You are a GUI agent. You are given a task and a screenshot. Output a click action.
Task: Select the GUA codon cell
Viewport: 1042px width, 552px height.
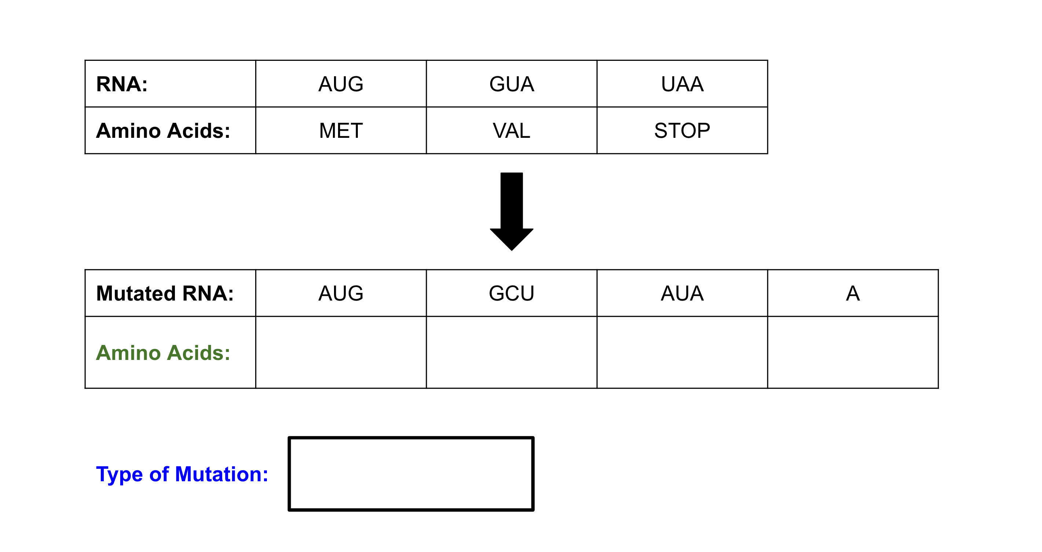(x=512, y=84)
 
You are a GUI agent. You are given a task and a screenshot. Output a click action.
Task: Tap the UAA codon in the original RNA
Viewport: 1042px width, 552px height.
(x=682, y=84)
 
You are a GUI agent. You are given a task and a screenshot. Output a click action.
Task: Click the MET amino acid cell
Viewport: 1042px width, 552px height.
(x=341, y=130)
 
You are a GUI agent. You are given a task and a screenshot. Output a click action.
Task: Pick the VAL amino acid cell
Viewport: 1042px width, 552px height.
(x=512, y=130)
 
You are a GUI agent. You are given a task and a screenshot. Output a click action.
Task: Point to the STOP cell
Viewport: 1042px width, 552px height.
(x=682, y=130)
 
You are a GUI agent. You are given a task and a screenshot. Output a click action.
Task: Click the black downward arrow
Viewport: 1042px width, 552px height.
(x=512, y=211)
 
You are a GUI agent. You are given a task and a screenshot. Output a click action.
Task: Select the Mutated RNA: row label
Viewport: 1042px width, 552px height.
(x=165, y=293)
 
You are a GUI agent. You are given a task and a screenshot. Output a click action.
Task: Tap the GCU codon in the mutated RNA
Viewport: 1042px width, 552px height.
(x=512, y=293)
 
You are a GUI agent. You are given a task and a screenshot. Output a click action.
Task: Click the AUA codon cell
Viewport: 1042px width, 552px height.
(x=682, y=293)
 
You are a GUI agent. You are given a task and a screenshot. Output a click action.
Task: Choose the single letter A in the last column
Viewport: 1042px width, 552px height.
(x=853, y=293)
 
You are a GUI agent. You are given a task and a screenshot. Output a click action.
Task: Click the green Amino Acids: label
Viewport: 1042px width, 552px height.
(x=163, y=353)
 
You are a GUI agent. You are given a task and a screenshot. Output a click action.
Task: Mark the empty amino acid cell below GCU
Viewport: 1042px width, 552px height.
(x=512, y=352)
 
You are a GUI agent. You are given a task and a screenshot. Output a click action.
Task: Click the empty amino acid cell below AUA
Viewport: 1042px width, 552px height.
(x=682, y=352)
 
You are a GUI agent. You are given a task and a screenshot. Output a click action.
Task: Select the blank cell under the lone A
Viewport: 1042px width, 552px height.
(x=853, y=352)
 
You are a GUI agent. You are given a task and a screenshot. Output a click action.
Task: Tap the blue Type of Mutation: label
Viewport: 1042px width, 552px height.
(x=182, y=474)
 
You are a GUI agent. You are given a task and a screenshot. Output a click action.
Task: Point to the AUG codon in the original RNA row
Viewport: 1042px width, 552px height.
(x=341, y=84)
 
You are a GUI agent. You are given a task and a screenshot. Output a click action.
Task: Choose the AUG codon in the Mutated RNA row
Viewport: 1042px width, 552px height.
(x=341, y=293)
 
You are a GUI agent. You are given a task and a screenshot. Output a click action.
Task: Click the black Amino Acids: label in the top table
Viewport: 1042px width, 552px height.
(x=163, y=130)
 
